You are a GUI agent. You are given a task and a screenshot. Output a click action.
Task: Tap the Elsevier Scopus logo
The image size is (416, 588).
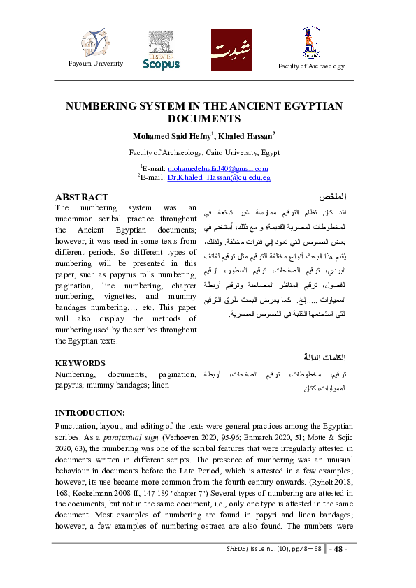click(x=161, y=50)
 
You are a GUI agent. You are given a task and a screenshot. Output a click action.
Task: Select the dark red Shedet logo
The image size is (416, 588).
click(x=231, y=50)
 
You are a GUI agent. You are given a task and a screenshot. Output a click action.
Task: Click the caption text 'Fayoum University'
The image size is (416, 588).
click(x=94, y=64)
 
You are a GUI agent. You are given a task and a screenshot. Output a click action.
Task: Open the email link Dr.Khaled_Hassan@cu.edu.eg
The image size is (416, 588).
click(x=218, y=178)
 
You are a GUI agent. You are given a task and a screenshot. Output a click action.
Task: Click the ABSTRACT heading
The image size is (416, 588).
click(x=82, y=198)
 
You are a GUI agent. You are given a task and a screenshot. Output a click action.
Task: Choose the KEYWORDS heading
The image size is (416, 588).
click(x=80, y=363)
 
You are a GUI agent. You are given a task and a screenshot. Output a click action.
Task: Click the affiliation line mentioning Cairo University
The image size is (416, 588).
click(x=204, y=152)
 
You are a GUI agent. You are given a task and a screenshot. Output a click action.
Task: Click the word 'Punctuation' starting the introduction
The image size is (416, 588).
click(x=76, y=425)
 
